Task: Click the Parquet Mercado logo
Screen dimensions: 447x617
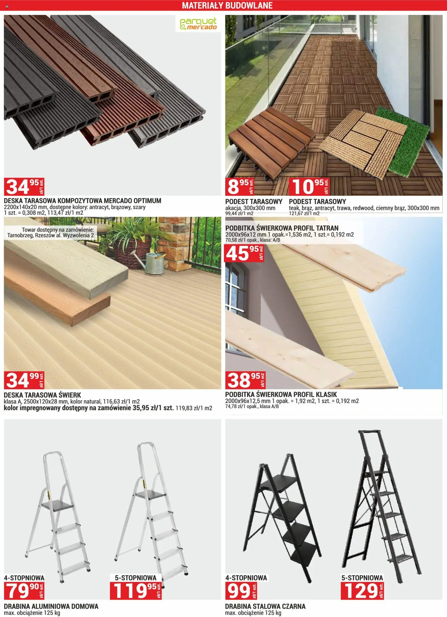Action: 198,24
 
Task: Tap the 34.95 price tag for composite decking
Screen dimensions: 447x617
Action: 24,187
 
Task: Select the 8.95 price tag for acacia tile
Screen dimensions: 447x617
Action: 240,187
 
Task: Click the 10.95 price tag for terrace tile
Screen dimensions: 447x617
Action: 309,187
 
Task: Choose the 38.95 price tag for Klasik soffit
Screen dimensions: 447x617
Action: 245,380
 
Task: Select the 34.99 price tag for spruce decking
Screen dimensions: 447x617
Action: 24,380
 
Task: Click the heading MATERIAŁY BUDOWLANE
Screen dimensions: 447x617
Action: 227,5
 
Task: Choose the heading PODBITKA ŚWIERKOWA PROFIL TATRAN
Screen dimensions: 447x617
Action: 282,228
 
